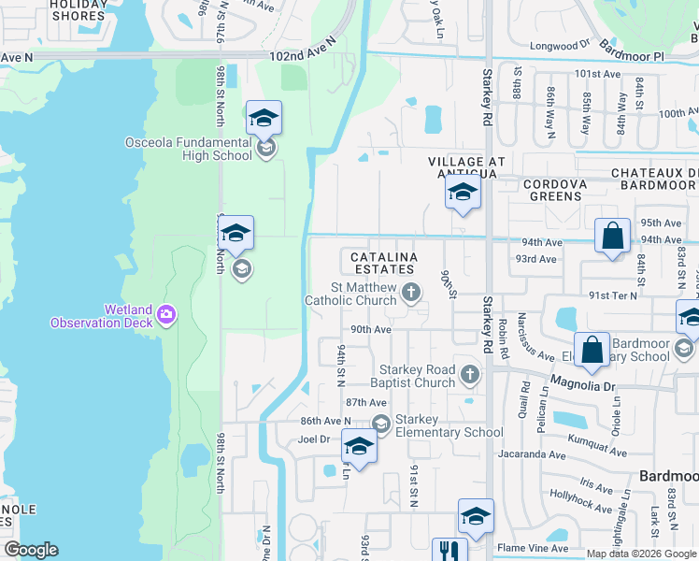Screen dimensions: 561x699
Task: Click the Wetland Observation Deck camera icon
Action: click(x=167, y=312)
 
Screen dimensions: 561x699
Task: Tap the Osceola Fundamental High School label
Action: click(x=190, y=150)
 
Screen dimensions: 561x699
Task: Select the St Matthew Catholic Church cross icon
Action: click(x=410, y=294)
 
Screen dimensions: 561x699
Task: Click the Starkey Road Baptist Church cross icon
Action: click(x=469, y=376)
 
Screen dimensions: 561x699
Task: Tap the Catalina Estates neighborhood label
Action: click(x=382, y=263)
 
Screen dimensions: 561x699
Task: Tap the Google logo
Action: click(x=31, y=550)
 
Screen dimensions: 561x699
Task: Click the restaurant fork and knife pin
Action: click(x=449, y=552)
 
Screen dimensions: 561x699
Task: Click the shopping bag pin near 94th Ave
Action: click(x=612, y=237)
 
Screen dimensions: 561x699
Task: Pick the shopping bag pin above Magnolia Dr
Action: click(x=592, y=351)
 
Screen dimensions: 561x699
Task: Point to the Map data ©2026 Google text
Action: click(x=641, y=554)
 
